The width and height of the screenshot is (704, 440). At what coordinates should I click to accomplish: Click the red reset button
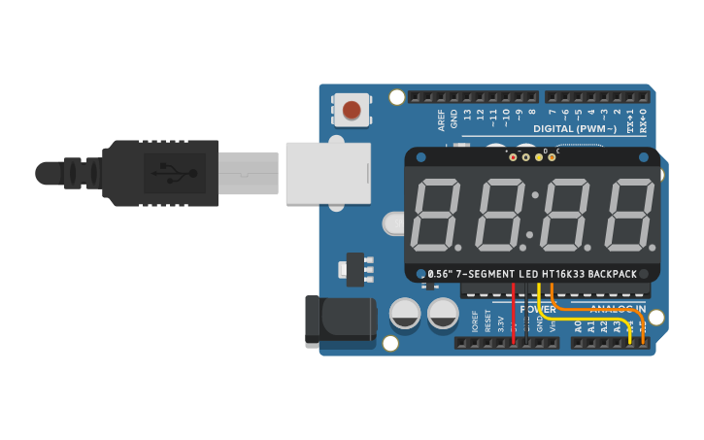point(351,110)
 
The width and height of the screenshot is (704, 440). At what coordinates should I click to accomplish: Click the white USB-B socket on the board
point(328,173)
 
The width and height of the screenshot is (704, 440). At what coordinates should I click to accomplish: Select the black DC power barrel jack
point(339,322)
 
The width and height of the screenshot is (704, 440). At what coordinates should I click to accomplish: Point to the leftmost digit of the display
point(437,215)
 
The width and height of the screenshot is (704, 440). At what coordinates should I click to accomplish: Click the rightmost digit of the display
point(628,215)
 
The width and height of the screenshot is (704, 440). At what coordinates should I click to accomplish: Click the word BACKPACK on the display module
point(613,274)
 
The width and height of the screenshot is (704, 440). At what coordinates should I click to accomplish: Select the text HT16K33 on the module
point(563,274)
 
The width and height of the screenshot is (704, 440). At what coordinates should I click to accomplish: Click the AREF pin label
point(442,119)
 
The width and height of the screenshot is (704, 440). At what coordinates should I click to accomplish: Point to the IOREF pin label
point(475,322)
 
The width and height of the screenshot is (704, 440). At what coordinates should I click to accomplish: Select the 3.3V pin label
point(501,323)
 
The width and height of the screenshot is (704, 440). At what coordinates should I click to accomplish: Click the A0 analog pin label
point(578,327)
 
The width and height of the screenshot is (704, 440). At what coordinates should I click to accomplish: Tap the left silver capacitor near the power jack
point(405,314)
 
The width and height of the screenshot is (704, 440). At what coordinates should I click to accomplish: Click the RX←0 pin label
point(643,120)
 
